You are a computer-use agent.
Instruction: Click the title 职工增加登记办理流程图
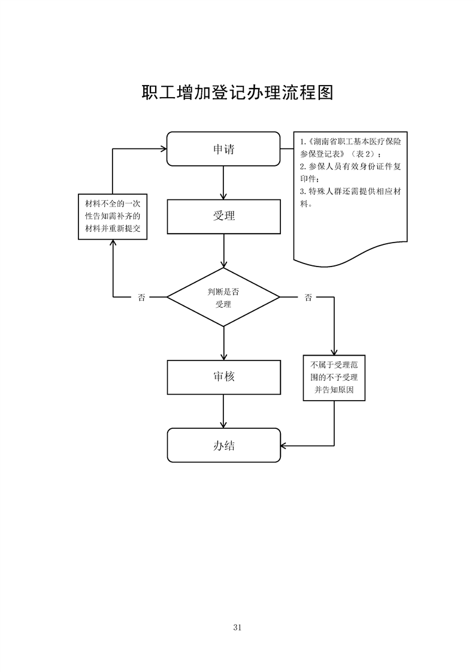coord(237,92)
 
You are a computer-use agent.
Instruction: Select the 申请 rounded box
coord(223,149)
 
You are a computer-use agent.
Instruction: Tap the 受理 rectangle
coord(224,216)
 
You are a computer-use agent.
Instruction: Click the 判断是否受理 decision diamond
coord(223,297)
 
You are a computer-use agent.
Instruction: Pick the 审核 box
coord(224,377)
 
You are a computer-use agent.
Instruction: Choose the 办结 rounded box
coord(224,445)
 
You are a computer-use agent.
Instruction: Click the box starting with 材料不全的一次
coord(113,216)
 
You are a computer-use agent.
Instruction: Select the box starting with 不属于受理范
coord(334,377)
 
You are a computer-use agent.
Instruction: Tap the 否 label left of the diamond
coord(141,297)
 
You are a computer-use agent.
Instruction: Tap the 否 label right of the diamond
coord(308,297)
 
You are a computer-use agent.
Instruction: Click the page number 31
coord(237,628)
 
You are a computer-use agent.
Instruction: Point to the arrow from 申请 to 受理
coord(223,183)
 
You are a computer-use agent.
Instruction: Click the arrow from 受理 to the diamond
coord(223,251)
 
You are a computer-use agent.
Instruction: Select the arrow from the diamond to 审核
coord(223,343)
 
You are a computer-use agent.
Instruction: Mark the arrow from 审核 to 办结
coord(223,411)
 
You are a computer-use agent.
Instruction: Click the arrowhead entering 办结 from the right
coord(283,446)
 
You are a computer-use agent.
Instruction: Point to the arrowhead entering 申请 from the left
coord(164,149)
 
